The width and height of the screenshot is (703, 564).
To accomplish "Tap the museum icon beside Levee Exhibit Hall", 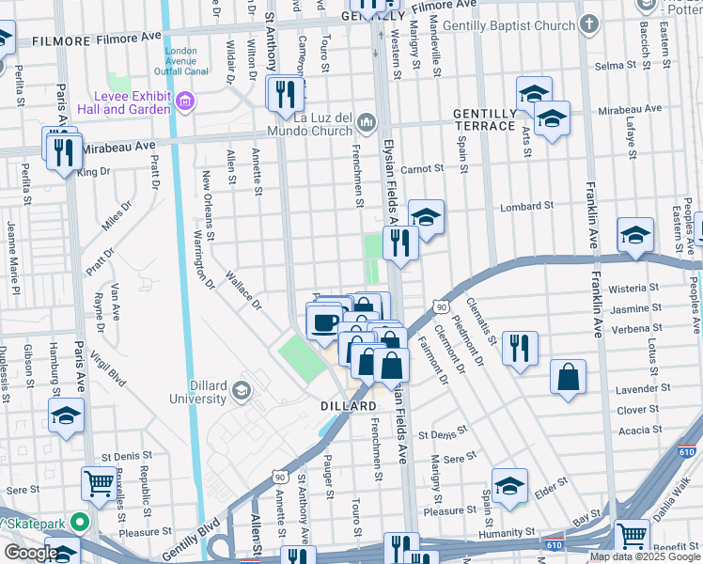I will coord(185,101).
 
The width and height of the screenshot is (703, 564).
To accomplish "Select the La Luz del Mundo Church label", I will coord(323,123).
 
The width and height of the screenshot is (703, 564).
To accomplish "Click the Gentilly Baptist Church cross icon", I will coord(588,23).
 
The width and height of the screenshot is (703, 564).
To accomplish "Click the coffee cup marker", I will coord(324,323).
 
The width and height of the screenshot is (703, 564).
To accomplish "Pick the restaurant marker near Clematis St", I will coord(519,347).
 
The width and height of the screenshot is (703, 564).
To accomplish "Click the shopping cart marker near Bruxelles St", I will coord(99,483).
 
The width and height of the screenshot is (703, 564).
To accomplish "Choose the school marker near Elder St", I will coord(509,485).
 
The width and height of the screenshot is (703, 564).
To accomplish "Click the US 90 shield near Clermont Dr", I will coord(439,306).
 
